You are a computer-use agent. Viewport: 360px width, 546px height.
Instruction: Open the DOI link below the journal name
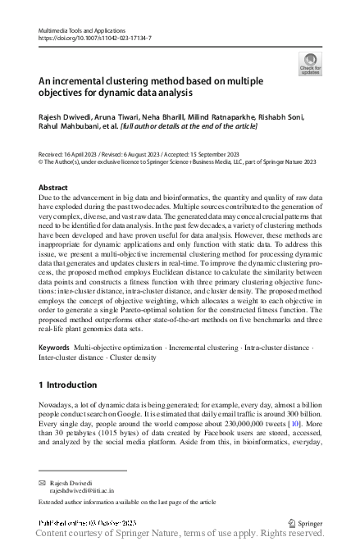[x=95, y=38]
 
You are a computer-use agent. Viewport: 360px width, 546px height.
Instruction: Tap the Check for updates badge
[x=310, y=65]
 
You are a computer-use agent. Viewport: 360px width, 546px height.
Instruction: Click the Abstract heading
[x=54, y=188]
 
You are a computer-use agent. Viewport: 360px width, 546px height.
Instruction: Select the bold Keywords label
[x=55, y=348]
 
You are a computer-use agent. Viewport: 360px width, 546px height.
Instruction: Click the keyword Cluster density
[x=132, y=358]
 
